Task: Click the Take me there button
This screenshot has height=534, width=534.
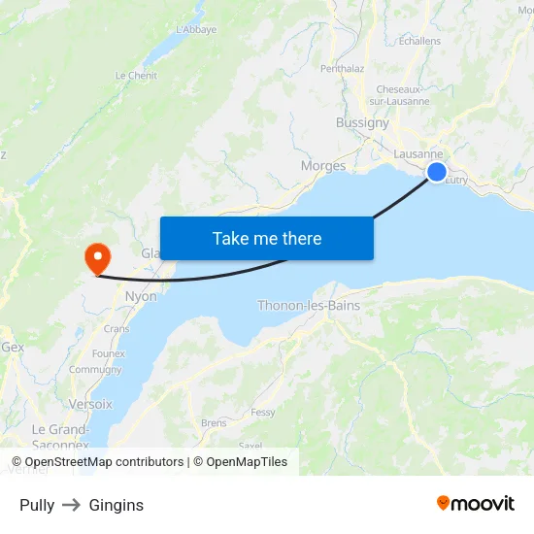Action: click(x=266, y=238)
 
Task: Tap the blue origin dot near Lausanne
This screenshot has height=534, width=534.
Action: click(x=437, y=172)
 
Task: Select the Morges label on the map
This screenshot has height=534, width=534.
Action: click(x=323, y=166)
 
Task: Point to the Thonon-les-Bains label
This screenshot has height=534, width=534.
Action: click(x=309, y=306)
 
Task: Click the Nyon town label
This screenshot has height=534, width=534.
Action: click(x=141, y=296)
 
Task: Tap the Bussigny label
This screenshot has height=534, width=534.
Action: click(x=362, y=123)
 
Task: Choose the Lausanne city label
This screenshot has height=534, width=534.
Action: click(x=418, y=154)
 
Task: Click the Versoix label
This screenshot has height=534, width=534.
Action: click(x=90, y=403)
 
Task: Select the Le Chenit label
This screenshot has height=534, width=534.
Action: click(x=136, y=75)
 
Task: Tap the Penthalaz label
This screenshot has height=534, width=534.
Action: click(x=343, y=69)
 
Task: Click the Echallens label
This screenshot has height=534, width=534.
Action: click(x=419, y=41)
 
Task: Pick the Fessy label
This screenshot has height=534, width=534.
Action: click(x=263, y=412)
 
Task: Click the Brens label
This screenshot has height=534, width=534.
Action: click(x=214, y=423)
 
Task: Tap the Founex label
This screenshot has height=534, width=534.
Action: click(x=109, y=353)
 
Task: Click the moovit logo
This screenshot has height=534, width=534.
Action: click(x=475, y=503)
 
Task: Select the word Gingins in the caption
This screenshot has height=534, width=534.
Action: click(x=116, y=505)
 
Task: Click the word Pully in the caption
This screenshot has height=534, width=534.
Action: click(x=37, y=505)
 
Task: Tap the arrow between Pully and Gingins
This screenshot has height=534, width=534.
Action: click(x=72, y=505)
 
